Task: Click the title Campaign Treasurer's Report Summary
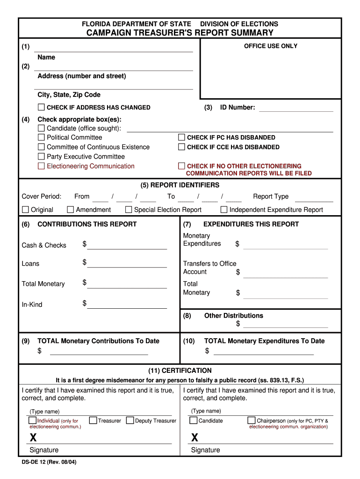tap(180, 33)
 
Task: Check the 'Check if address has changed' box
tap(41, 107)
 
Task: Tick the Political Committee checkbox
tap(41, 138)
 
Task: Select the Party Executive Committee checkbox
tap(41, 157)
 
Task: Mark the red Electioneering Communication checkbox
tap(41, 166)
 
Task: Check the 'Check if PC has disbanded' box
tap(181, 138)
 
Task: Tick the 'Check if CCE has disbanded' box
tap(181, 147)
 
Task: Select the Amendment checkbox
tap(71, 210)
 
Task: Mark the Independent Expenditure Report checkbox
tap(224, 210)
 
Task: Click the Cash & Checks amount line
tap(127, 246)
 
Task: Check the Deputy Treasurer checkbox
tap(130, 421)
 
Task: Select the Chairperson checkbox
tap(252, 421)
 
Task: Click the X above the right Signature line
tap(194, 438)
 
